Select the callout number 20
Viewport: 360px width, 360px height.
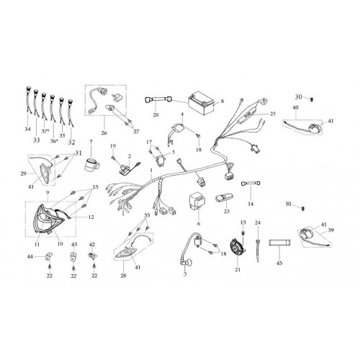156,114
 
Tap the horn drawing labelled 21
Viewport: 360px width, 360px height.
237,249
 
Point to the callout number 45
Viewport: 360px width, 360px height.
279,263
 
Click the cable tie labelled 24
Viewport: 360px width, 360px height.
258,251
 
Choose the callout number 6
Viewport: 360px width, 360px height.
199,223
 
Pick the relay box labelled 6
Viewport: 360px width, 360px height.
197,200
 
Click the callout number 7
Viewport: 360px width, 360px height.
91,142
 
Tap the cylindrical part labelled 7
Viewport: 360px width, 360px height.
92,165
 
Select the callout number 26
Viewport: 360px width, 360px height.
104,132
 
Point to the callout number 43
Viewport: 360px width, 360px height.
74,244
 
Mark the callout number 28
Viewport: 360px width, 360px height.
123,276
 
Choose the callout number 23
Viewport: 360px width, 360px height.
227,211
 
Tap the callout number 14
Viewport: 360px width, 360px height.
251,204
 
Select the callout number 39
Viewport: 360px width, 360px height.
331,230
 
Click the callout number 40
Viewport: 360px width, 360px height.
295,107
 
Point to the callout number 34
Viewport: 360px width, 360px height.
27,129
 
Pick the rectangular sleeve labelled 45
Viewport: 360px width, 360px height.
279,243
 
